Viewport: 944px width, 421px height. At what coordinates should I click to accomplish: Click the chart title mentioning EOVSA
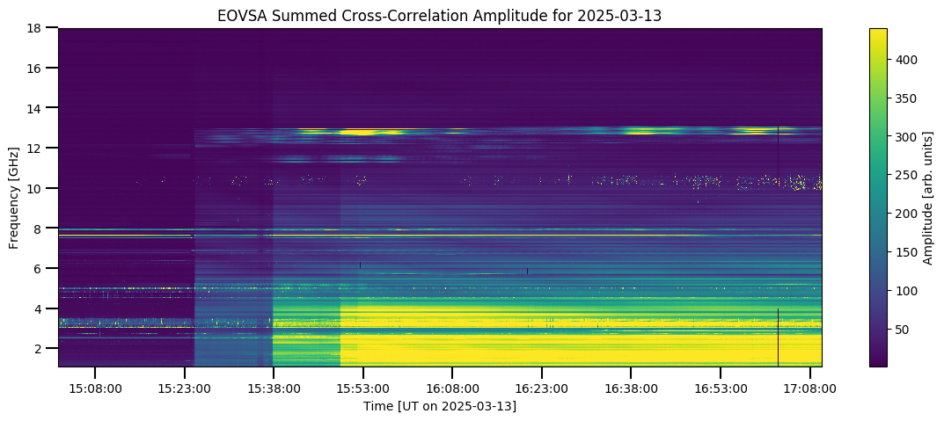click(x=440, y=16)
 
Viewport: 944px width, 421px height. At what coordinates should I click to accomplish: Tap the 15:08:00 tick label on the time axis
click(x=94, y=388)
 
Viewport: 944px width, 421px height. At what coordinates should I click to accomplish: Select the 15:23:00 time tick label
click(x=184, y=388)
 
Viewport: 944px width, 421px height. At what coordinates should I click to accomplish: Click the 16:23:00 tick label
click(x=542, y=388)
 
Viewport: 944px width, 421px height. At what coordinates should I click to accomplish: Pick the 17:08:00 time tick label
click(x=809, y=388)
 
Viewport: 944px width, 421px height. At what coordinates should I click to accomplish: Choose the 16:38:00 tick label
click(x=631, y=388)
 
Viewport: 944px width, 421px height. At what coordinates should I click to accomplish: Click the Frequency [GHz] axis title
click(x=14, y=197)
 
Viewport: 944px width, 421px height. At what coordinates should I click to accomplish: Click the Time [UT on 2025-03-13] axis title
click(x=440, y=407)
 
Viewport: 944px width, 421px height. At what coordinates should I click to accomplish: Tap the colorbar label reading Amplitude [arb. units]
click(x=928, y=197)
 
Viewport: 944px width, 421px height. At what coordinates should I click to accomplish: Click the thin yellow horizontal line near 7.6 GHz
click(x=440, y=236)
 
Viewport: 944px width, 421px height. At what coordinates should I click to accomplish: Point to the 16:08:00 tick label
click(x=452, y=388)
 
